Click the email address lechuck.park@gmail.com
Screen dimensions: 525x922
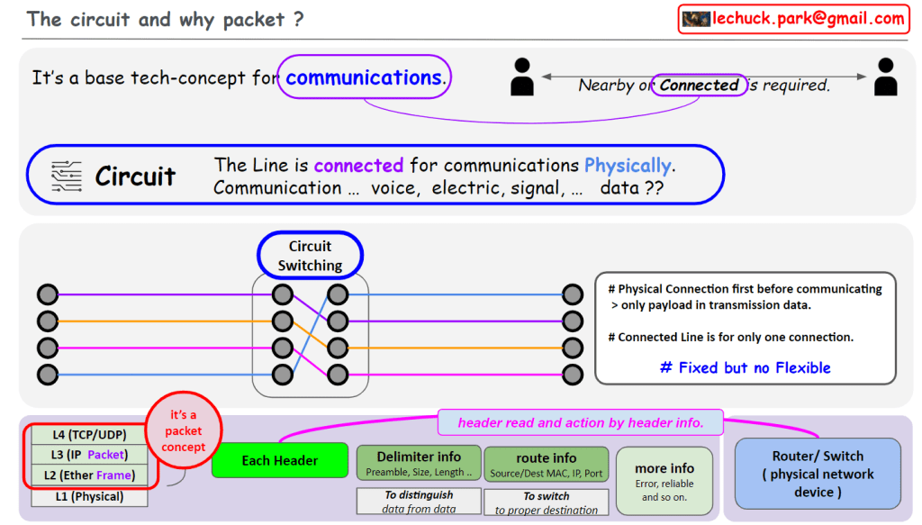coord(808,19)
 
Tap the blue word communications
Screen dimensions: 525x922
coord(364,77)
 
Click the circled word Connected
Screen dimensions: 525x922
coord(699,86)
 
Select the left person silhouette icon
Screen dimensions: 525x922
coord(522,77)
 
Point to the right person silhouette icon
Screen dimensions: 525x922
coord(885,77)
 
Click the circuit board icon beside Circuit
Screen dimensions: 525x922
coord(66,176)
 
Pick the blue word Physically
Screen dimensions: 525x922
coord(628,166)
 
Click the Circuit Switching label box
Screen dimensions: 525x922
coord(310,256)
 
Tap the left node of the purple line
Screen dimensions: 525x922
coord(48,294)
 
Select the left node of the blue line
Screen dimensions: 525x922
coord(48,375)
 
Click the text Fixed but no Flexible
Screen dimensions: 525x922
coord(745,367)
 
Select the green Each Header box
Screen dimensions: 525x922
coord(279,460)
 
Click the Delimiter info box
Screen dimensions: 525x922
coord(419,463)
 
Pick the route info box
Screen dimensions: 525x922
coord(547,464)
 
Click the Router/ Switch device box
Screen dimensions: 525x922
coord(818,474)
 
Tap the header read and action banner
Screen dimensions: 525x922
coord(581,422)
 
